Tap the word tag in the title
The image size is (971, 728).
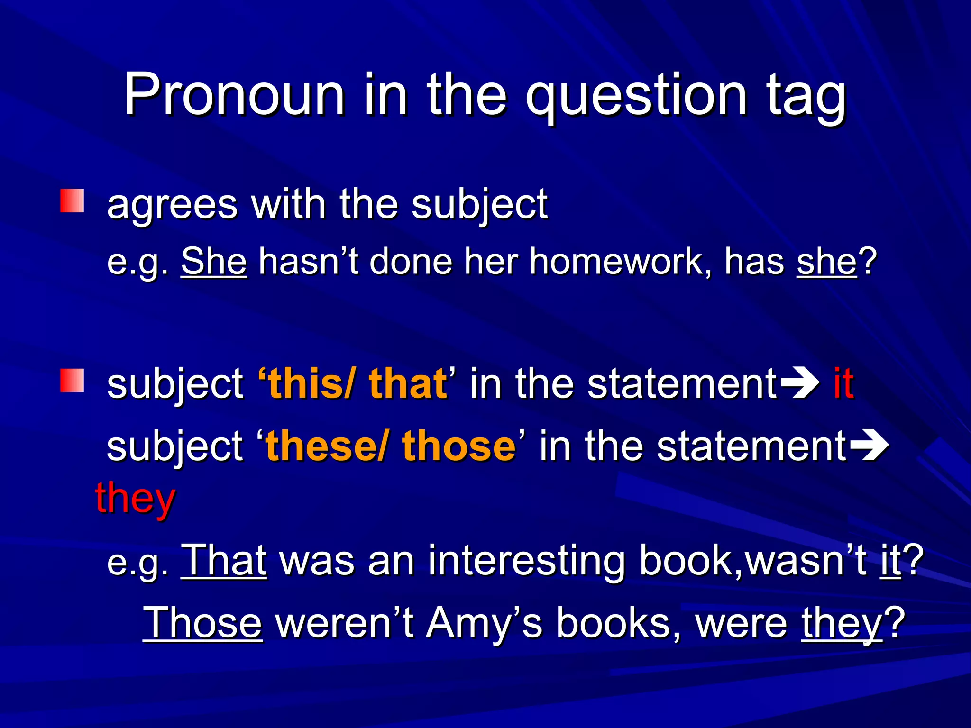coord(806,97)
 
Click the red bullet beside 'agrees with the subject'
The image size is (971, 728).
coord(72,201)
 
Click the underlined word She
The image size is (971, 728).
coord(214,261)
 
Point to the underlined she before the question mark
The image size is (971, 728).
coord(826,261)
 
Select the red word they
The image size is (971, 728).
coord(136,499)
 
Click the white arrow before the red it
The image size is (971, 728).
coord(799,383)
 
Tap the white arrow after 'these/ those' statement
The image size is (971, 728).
coord(869,446)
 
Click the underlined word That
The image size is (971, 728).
coord(224,560)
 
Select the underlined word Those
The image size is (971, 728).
coord(202,623)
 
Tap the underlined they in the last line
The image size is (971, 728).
coord(842,624)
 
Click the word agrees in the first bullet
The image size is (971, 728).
coord(172,205)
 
